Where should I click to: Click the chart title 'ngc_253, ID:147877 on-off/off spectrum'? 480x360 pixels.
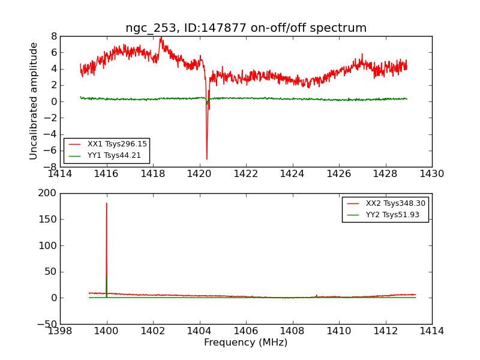[246, 28]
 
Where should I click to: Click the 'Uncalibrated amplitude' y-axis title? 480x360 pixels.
[34, 101]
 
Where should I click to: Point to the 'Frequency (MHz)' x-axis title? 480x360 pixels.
[246, 343]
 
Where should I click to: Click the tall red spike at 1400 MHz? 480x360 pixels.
[107, 204]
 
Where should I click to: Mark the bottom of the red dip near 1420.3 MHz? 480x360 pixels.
[207, 158]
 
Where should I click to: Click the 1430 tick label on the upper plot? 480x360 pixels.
[431, 174]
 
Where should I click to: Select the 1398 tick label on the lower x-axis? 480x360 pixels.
[60, 331]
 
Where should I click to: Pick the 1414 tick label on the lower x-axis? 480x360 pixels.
[431, 331]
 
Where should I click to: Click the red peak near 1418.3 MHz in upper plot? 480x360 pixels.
[160, 38]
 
